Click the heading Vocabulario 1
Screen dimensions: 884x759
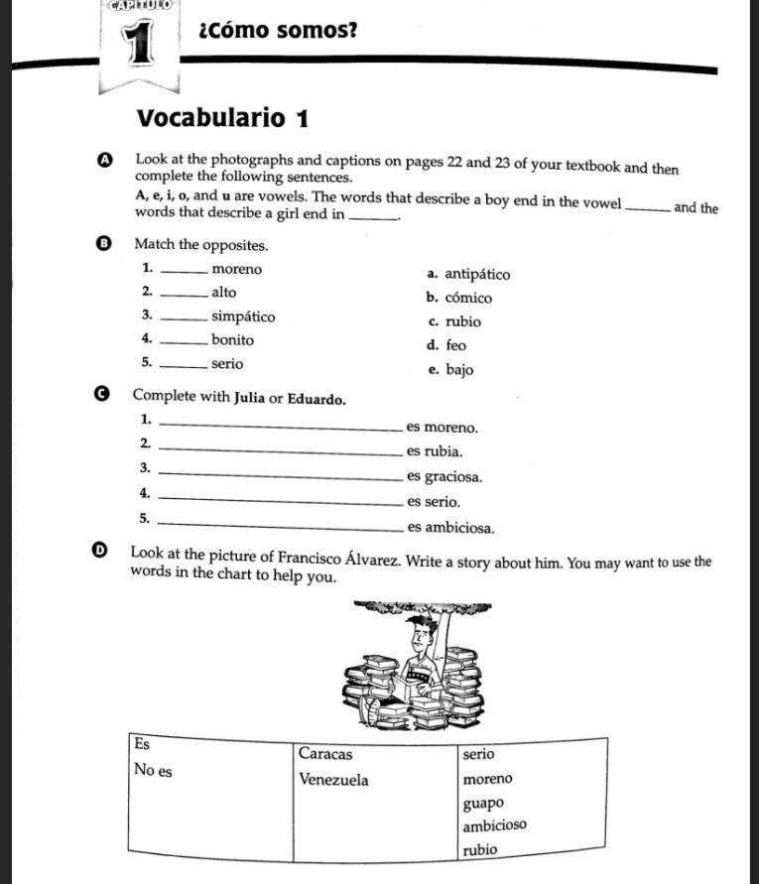(x=223, y=119)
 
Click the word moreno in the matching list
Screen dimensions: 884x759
(x=237, y=269)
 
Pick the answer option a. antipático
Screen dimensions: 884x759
(x=468, y=274)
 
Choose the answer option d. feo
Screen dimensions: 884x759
(x=446, y=345)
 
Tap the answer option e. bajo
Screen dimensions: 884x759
(x=450, y=370)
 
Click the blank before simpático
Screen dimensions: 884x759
(x=184, y=318)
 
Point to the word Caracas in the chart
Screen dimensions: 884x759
(x=325, y=754)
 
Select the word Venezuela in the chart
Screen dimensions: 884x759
(x=333, y=780)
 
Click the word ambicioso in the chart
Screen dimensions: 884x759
(x=494, y=825)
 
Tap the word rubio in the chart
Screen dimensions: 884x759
(x=481, y=849)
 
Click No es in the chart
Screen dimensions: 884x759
(x=152, y=771)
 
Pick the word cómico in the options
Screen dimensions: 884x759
(x=468, y=298)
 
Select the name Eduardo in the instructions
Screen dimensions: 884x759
(x=316, y=400)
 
